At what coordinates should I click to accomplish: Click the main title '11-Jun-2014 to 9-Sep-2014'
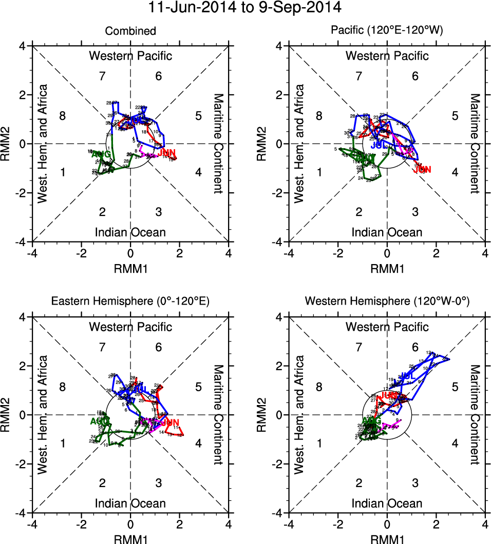(x=245, y=8)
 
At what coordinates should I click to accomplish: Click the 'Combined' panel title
(x=130, y=31)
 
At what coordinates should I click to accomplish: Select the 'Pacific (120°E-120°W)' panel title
(x=387, y=31)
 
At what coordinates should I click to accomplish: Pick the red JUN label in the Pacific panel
(x=422, y=170)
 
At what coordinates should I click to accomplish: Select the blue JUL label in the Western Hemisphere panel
(x=408, y=376)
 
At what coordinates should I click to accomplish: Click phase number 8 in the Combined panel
(x=63, y=115)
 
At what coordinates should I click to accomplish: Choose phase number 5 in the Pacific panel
(x=455, y=115)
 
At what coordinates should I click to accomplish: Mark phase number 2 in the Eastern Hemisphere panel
(x=103, y=483)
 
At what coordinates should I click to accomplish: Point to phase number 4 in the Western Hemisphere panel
(x=455, y=443)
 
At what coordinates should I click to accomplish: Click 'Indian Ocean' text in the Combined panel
(x=130, y=232)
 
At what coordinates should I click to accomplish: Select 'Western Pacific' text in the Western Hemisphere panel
(x=387, y=327)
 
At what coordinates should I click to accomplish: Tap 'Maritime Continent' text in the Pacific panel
(x=475, y=144)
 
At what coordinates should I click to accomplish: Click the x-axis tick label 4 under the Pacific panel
(x=485, y=253)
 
